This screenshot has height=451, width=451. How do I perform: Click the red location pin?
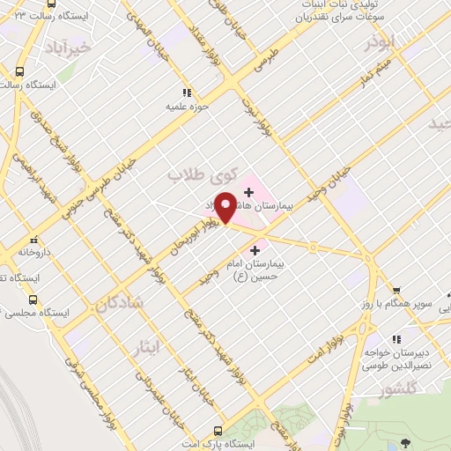(x=225, y=207)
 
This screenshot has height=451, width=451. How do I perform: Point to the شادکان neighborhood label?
(x=115, y=304)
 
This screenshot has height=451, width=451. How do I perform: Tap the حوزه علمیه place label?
(x=185, y=107)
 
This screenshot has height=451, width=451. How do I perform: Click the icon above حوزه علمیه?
(x=185, y=92)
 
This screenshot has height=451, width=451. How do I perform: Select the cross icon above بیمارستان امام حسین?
(x=255, y=250)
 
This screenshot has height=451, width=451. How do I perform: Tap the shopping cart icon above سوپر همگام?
(x=396, y=290)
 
